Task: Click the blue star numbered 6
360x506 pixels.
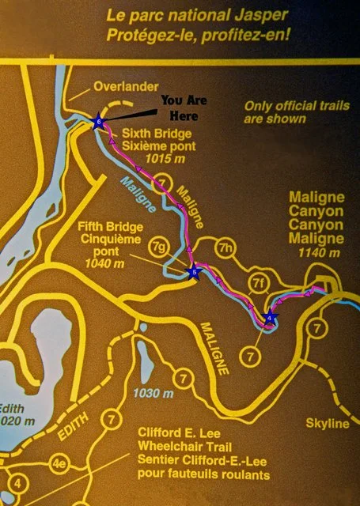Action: coord(98,121)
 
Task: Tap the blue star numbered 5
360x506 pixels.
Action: coord(194,273)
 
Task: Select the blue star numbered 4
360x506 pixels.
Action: coord(270,319)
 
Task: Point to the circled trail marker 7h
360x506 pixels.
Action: coord(226,247)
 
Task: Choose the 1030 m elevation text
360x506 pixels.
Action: coord(155,393)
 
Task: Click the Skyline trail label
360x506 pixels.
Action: coord(327,425)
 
